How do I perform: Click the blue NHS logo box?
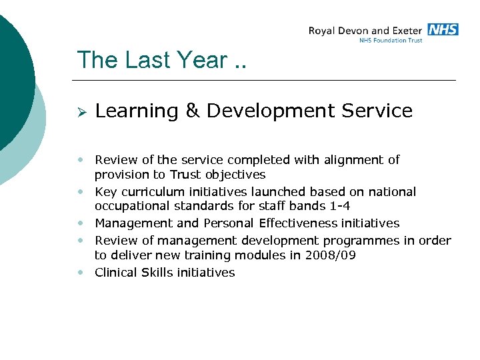coord(443,29)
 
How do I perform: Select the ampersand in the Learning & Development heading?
coord(193,111)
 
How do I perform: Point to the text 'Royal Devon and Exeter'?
coord(365,31)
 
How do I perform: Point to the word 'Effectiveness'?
coord(298,223)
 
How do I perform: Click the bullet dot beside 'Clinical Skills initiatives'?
coord(81,272)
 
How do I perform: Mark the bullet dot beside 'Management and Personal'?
coord(81,223)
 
